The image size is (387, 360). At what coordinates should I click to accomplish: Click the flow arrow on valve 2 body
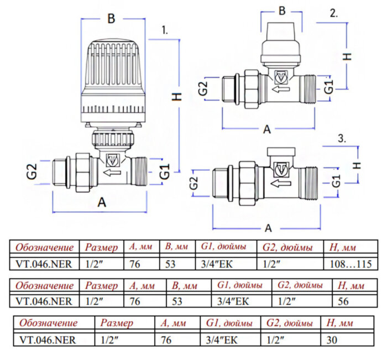(x=281, y=87)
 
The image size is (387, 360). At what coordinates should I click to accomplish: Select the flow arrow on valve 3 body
(x=281, y=184)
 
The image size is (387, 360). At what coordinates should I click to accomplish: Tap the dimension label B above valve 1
(x=111, y=19)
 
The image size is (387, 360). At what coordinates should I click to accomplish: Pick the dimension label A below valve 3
(x=268, y=228)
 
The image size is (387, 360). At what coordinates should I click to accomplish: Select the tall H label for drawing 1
(x=176, y=96)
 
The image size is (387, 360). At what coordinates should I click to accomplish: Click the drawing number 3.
(x=342, y=139)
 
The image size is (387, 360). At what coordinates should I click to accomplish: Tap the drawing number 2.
(x=333, y=14)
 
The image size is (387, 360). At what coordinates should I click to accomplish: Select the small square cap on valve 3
(x=281, y=152)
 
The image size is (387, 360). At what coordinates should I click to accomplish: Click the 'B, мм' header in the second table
(x=184, y=285)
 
